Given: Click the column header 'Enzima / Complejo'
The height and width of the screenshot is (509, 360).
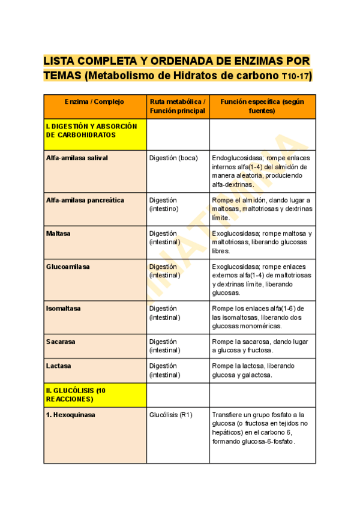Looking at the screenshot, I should pyautogui.click(x=94, y=101).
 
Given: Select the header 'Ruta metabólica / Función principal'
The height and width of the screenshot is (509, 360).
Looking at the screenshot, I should pyautogui.click(x=177, y=106).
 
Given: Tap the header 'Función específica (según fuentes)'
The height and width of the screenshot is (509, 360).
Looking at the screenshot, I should pyautogui.click(x=262, y=106).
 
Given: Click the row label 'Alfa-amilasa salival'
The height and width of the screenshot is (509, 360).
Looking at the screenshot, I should pyautogui.click(x=77, y=158).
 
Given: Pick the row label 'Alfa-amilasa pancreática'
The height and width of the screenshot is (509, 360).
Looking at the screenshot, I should pyautogui.click(x=85, y=200).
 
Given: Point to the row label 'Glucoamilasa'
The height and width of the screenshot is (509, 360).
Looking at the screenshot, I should pyautogui.click(x=68, y=266).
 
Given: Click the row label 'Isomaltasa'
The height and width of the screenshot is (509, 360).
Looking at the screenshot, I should pyautogui.click(x=63, y=309).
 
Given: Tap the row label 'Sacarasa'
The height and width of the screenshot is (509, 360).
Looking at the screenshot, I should pyautogui.click(x=61, y=341).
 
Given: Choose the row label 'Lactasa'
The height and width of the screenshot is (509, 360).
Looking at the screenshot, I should pyautogui.click(x=59, y=366).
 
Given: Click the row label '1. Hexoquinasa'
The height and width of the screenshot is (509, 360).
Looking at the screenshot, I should pyautogui.click(x=70, y=415).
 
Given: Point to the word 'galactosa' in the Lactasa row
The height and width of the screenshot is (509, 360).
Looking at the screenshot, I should pyautogui.click(x=255, y=375).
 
